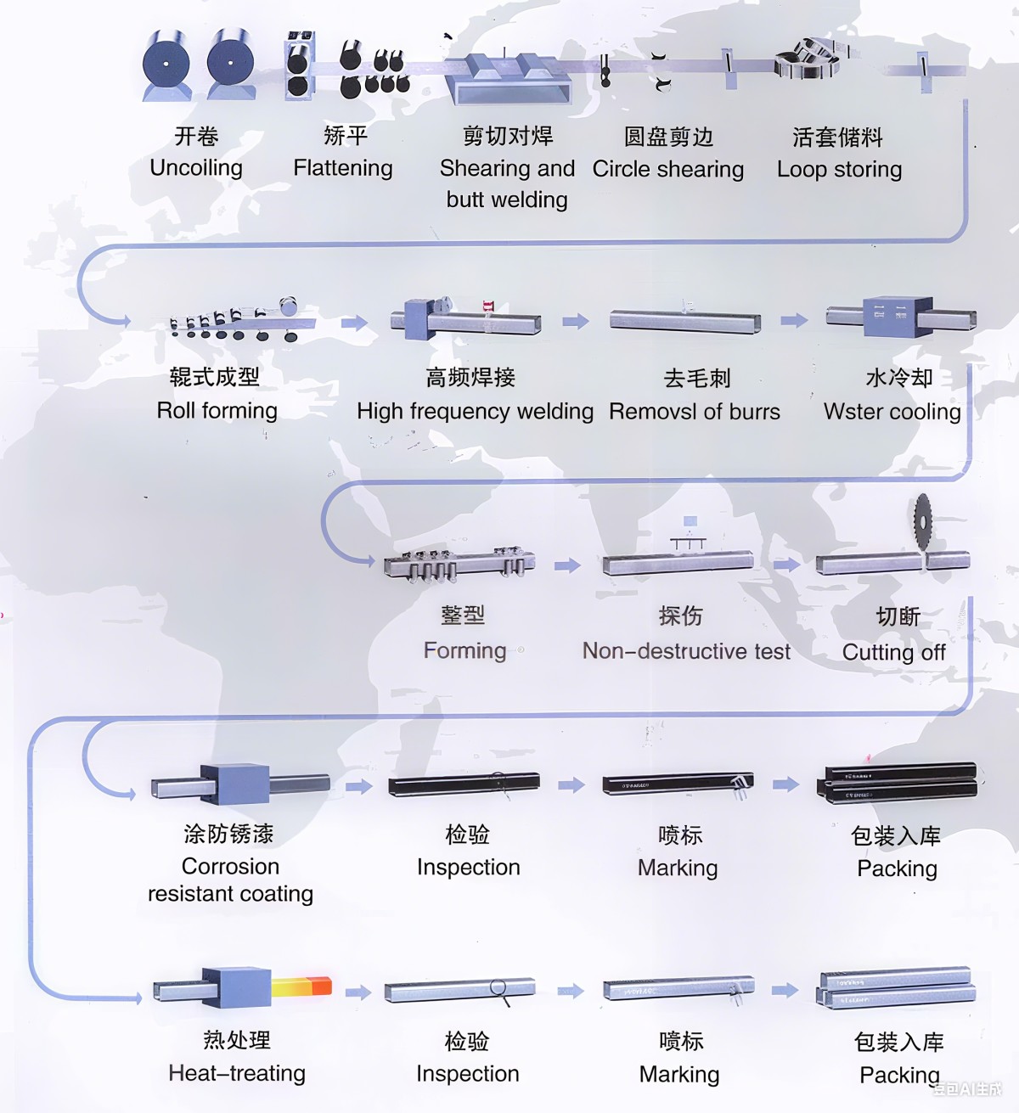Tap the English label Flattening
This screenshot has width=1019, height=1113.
click(343, 168)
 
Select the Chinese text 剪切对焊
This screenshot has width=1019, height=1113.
click(508, 136)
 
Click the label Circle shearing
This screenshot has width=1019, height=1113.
click(668, 169)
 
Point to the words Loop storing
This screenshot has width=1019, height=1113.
click(839, 169)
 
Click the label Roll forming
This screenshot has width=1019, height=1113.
click(217, 411)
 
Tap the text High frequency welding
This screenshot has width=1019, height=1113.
click(475, 412)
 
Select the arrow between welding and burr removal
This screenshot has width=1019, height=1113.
click(576, 321)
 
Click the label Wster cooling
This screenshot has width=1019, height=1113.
click(892, 412)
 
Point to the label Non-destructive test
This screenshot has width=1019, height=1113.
click(686, 651)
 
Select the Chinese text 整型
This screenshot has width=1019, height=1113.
click(463, 616)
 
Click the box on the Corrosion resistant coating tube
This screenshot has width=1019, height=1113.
click(234, 784)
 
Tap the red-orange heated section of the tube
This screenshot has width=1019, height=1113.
click(302, 987)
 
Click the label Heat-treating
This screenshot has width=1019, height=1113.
click(237, 1073)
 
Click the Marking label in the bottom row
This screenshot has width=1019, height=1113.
click(679, 1075)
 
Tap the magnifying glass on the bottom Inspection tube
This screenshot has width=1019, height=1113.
click(498, 989)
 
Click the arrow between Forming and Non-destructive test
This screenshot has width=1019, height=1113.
click(567, 565)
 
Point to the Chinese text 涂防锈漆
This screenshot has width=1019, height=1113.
click(229, 834)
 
